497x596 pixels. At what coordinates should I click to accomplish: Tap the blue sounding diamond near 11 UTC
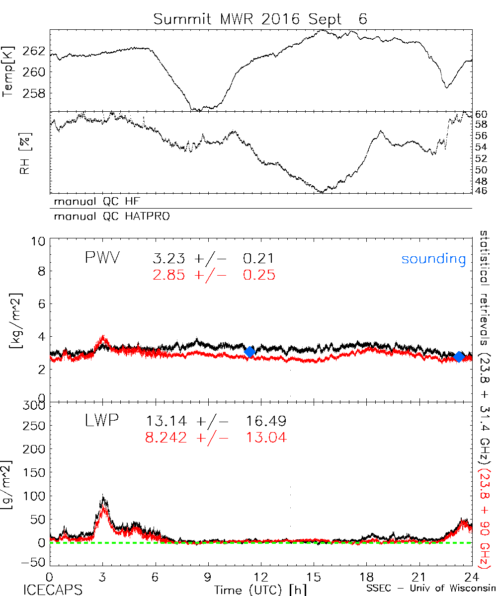tap(250, 352)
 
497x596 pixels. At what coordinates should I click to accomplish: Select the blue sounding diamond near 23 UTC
tap(459, 356)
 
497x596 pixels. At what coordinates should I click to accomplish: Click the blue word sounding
tap(433, 259)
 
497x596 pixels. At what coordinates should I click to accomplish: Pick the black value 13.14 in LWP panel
tap(166, 422)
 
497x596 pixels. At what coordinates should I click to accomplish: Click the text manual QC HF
tap(93, 202)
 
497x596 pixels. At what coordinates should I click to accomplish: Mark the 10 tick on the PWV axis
tap(39, 242)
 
